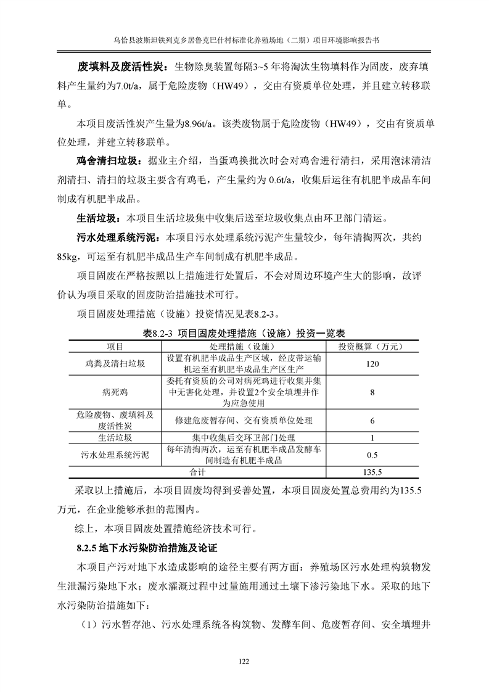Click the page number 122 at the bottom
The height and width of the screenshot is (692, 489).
click(244, 662)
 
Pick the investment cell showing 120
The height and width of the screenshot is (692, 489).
click(372, 364)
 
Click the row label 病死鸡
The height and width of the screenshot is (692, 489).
click(115, 392)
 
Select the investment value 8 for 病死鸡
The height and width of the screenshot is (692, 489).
click(372, 392)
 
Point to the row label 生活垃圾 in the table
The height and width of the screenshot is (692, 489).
click(115, 439)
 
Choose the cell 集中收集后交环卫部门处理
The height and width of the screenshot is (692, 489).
click(244, 439)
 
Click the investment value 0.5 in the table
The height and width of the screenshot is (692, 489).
click(372, 456)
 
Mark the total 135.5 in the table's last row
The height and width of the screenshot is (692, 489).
click(372, 472)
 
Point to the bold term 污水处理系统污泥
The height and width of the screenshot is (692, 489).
click(111, 237)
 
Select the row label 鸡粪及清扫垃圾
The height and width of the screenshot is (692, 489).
click(115, 364)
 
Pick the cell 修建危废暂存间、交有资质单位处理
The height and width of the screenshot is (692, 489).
click(244, 421)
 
